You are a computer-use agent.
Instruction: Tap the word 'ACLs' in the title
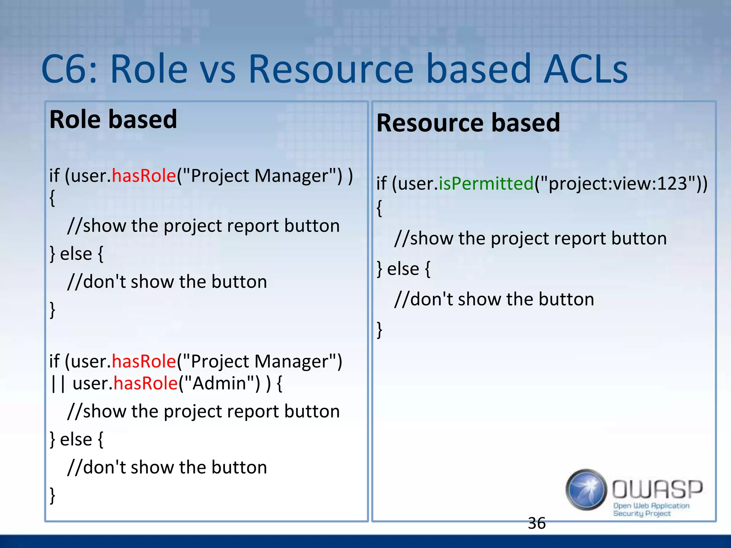[586, 68]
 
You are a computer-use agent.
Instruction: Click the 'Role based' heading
[113, 120]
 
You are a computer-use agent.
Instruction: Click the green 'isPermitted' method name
[486, 184]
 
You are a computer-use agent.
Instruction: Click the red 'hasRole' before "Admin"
[146, 383]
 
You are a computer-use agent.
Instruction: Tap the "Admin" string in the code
[221, 383]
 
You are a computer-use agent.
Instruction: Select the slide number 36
[536, 523]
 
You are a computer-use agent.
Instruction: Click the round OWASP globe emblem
[586, 489]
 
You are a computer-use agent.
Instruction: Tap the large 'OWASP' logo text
[657, 489]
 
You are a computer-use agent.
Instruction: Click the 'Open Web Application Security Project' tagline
[650, 509]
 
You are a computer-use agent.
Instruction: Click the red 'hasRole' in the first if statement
[144, 176]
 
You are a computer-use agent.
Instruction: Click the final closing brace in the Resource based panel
[379, 329]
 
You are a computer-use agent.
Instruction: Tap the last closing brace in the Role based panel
[52, 495]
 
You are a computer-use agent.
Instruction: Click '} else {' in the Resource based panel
[404, 269]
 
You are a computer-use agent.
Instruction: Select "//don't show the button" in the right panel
[494, 299]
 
